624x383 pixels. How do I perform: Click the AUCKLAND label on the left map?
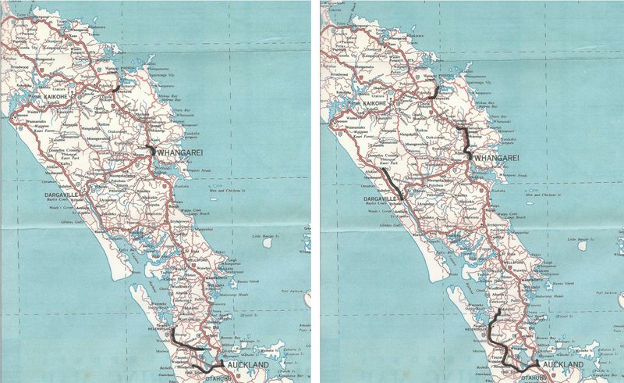[248, 365]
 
